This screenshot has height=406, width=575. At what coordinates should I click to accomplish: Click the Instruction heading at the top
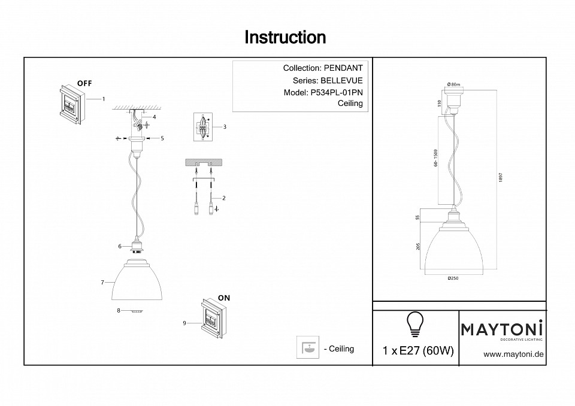pyautogui.click(x=285, y=37)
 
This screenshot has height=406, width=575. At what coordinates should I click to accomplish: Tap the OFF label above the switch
pyautogui.click(x=84, y=83)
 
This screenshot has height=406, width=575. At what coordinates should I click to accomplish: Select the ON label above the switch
pyautogui.click(x=224, y=298)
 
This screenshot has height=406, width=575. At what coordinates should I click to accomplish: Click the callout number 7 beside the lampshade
pyautogui.click(x=103, y=282)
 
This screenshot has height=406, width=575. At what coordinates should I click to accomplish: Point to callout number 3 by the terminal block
pyautogui.click(x=224, y=127)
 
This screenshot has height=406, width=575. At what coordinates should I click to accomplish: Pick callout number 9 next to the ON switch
pyautogui.click(x=184, y=323)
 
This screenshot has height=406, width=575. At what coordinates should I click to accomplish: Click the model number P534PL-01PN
pyautogui.click(x=337, y=93)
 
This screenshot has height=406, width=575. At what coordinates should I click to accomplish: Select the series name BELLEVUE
pyautogui.click(x=341, y=80)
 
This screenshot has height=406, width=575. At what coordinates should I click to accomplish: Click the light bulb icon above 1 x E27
pyautogui.click(x=415, y=323)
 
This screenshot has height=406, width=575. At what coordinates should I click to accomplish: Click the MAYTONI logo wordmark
pyautogui.click(x=502, y=328)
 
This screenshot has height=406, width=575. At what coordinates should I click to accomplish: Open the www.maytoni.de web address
pyautogui.click(x=513, y=354)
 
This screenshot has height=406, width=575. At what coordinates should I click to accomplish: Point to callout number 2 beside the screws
pyautogui.click(x=224, y=198)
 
